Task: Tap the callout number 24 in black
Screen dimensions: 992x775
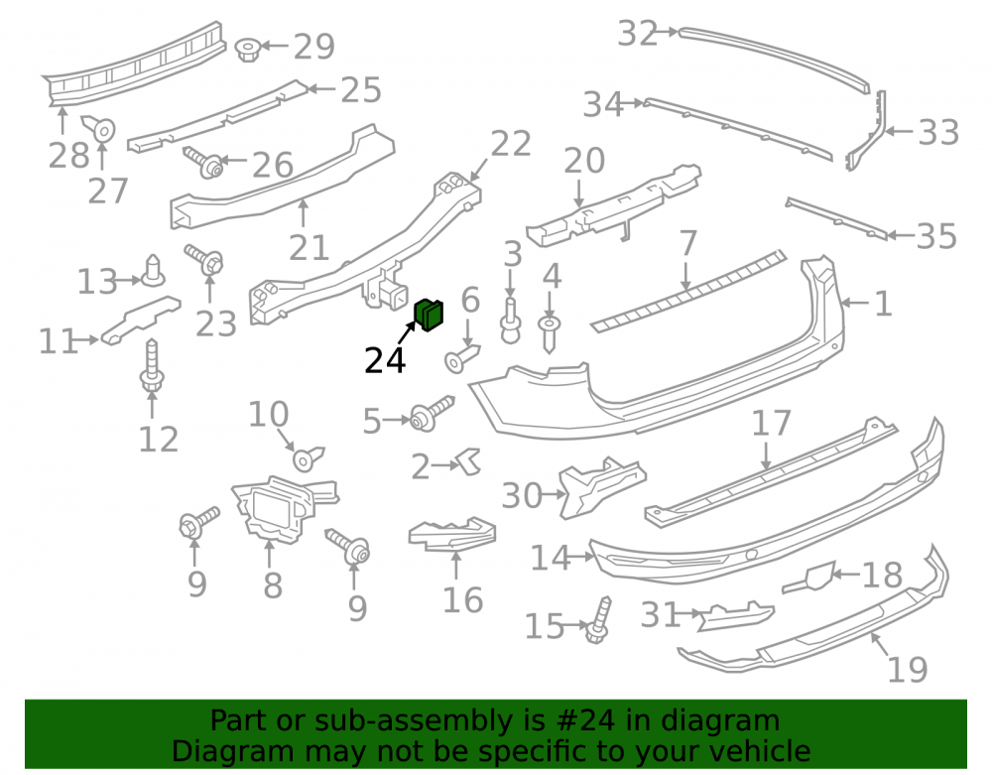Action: click(x=385, y=361)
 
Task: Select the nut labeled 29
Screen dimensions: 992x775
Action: click(x=247, y=49)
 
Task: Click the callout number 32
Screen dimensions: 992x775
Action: click(x=638, y=34)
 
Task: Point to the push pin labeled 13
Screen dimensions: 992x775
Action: click(x=153, y=271)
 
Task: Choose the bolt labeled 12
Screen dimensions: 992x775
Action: click(x=152, y=367)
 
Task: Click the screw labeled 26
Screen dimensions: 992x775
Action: click(x=204, y=162)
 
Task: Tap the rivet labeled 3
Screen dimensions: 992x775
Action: click(x=511, y=321)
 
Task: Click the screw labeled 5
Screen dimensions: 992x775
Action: click(x=433, y=414)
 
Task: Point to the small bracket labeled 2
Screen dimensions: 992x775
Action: click(x=469, y=461)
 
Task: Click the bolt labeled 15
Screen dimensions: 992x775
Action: click(x=598, y=620)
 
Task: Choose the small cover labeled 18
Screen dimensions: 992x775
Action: click(x=809, y=577)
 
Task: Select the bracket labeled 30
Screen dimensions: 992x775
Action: click(x=601, y=486)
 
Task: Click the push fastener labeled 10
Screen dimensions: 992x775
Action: click(x=309, y=458)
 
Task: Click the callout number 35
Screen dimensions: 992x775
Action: click(x=936, y=236)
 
